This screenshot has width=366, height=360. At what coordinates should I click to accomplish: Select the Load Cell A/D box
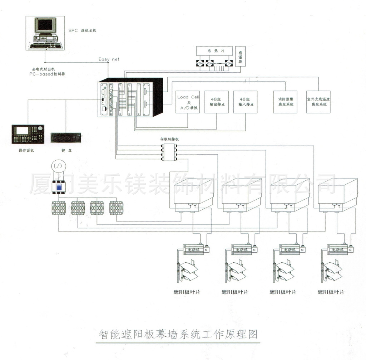pyautogui.click(x=188, y=102)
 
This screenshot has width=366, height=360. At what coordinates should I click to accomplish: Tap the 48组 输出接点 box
pyautogui.click(x=216, y=102)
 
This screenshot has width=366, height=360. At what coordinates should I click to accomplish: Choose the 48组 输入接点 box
pyautogui.click(x=245, y=102)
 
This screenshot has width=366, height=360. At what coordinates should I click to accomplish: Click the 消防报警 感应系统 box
pyautogui.click(x=285, y=102)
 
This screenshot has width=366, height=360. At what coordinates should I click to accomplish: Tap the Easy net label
pyautogui.click(x=109, y=59)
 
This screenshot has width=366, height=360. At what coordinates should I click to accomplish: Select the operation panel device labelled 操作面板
pyautogui.click(x=28, y=135)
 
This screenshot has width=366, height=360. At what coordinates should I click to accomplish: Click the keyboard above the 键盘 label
pyautogui.click(x=66, y=137)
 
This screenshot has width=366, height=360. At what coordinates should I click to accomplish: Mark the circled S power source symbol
pyautogui.click(x=57, y=166)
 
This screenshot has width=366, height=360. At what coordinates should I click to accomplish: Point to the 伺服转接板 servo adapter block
pyautogui.click(x=170, y=152)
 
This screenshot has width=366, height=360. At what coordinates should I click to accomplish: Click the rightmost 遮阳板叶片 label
pyautogui.click(x=331, y=292)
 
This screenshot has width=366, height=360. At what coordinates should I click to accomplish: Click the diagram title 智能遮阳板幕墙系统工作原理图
pyautogui.click(x=178, y=335)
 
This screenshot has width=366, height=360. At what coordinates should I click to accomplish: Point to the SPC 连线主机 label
pyautogui.click(x=82, y=31)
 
